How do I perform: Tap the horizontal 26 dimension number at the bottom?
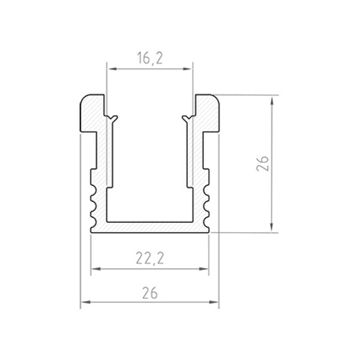[150, 293]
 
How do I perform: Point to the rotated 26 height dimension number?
[263, 163]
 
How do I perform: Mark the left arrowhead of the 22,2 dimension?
[95, 269]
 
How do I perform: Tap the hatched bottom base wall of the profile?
[150, 226]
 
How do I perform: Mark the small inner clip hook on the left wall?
[112, 116]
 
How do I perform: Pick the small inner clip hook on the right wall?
[187, 116]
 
